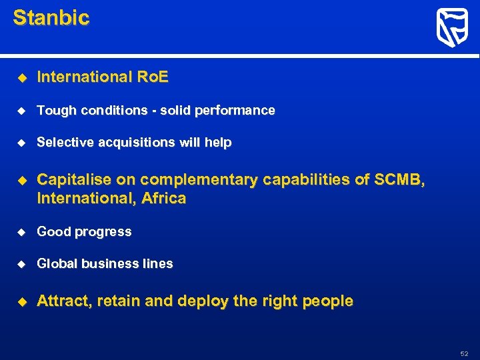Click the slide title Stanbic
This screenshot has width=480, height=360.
51,18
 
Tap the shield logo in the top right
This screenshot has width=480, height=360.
452,28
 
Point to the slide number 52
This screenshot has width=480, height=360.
464,353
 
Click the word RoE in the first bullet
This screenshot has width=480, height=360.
153,77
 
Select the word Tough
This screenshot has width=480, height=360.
57,111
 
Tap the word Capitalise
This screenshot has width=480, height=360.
74,180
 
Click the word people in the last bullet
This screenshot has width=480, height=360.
327,301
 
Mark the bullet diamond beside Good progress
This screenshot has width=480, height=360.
21,232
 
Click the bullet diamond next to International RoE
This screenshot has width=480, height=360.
21,78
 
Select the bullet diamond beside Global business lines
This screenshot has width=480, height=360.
21,264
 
